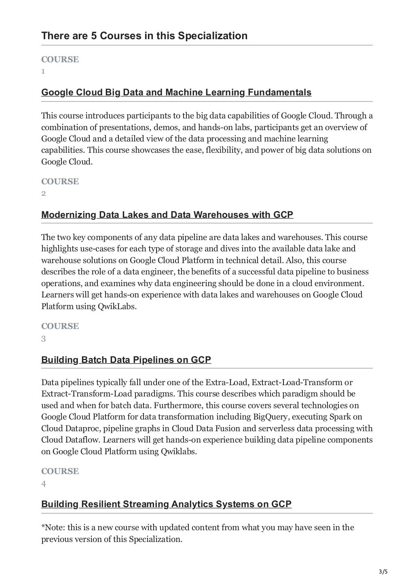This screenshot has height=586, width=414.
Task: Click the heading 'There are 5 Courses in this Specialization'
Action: click(x=144, y=36)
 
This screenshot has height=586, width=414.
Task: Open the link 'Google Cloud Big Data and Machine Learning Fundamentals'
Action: click(x=176, y=93)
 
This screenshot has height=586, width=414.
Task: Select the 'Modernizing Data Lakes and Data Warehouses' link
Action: click(x=167, y=215)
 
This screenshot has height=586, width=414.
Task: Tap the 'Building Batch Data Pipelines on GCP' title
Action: click(x=126, y=360)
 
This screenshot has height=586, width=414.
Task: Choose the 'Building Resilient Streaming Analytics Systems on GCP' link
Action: click(x=166, y=504)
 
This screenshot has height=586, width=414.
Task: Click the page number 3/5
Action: click(x=382, y=571)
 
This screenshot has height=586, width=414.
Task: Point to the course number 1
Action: click(x=43, y=72)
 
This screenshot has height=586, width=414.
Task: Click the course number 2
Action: click(x=43, y=194)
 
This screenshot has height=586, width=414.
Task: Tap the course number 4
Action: click(x=43, y=484)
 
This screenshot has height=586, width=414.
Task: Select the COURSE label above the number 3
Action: click(x=60, y=326)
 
